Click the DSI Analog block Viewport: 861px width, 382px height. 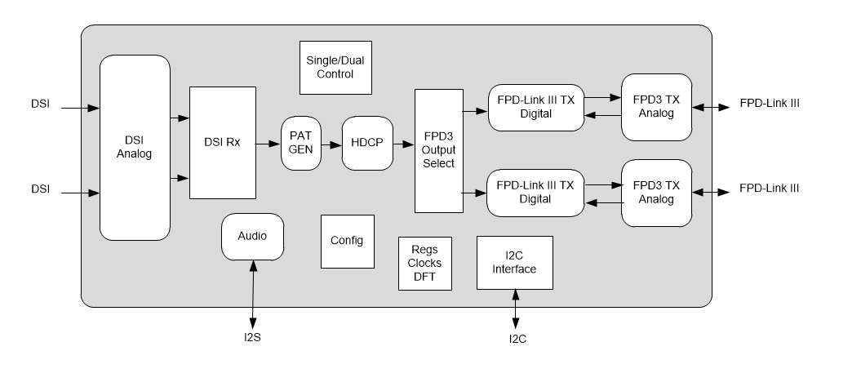[135, 147]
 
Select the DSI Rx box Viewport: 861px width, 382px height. [222, 143]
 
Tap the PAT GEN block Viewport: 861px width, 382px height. [301, 144]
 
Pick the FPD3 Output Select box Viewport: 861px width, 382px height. [439, 151]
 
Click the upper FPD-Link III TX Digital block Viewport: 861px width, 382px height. [535, 107]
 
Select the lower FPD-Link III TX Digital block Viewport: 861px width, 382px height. [535, 193]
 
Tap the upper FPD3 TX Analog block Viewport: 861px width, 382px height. [656, 106]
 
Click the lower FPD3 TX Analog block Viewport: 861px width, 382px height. [656, 193]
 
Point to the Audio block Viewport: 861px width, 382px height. [252, 237]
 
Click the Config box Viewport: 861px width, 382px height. [347, 242]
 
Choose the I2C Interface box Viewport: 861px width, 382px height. [514, 263]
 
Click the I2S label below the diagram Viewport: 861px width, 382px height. [252, 338]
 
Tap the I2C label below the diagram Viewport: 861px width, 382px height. [517, 339]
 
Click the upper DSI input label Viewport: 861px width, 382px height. [41, 104]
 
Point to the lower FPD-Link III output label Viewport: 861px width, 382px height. [769, 189]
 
